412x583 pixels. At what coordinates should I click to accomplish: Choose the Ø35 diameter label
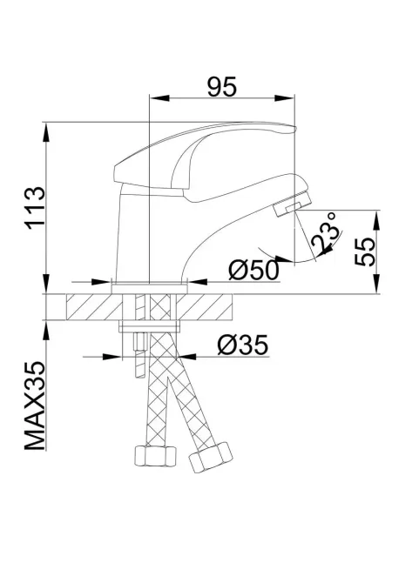pyautogui.click(x=238, y=345)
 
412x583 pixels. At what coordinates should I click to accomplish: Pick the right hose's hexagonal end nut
pyautogui.click(x=210, y=457)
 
